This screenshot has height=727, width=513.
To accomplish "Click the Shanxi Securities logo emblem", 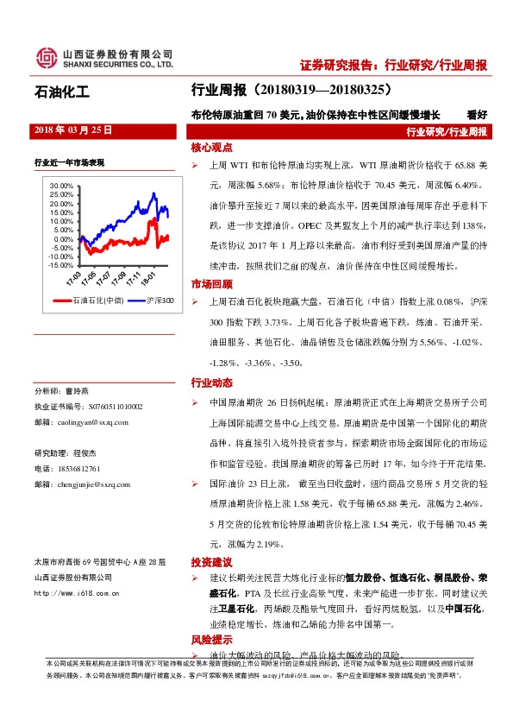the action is pos(46,59).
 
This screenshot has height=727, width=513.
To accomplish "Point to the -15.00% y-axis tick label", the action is pos(62,265).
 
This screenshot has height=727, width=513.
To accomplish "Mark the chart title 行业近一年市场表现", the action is pos(69,161).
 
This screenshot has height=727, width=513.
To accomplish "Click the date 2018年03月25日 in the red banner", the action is pos(72,130).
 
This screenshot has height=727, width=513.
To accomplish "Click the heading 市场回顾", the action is pos(211,284).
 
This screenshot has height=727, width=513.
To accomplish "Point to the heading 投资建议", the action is pos(211,561).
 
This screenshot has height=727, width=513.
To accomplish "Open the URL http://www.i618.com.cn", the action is pos(77,592).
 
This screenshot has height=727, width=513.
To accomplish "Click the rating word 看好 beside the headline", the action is pos(477,113).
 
